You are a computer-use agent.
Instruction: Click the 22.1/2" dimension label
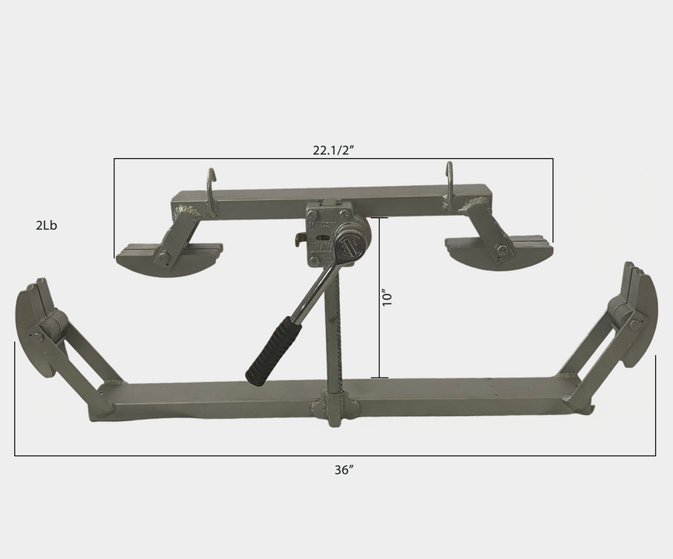pyautogui.click(x=334, y=151)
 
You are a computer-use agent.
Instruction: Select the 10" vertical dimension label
pyautogui.click(x=389, y=298)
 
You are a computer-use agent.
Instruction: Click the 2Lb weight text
pyautogui.click(x=46, y=226)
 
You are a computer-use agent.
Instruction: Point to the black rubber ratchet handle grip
pyautogui.click(x=268, y=353)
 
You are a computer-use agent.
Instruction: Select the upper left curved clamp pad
pyautogui.click(x=168, y=262)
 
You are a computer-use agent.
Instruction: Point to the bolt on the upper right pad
pyautogui.click(x=503, y=251)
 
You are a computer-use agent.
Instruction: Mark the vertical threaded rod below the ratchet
pyautogui.click(x=332, y=335)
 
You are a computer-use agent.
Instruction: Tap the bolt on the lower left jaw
pyautogui.click(x=37, y=336)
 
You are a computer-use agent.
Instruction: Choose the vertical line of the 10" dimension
pyautogui.click(x=379, y=298)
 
